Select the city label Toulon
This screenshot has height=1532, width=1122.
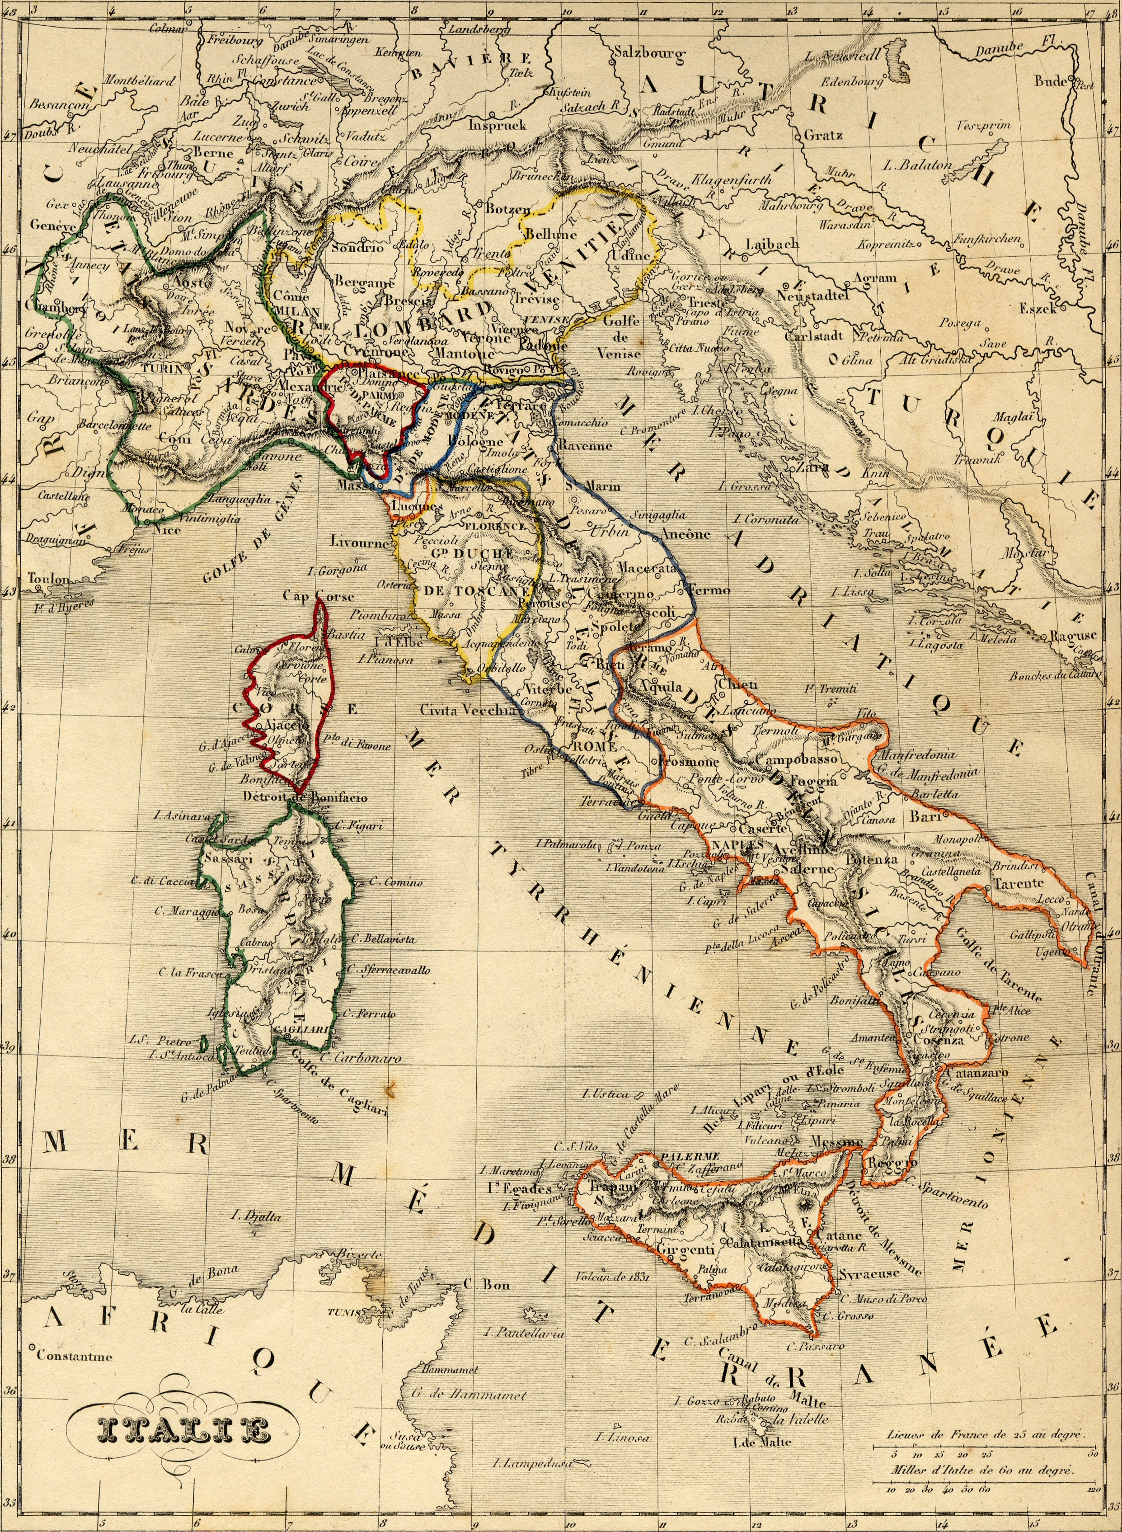click(48, 578)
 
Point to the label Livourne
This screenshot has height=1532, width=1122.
click(359, 542)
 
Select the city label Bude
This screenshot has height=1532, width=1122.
click(1052, 81)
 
